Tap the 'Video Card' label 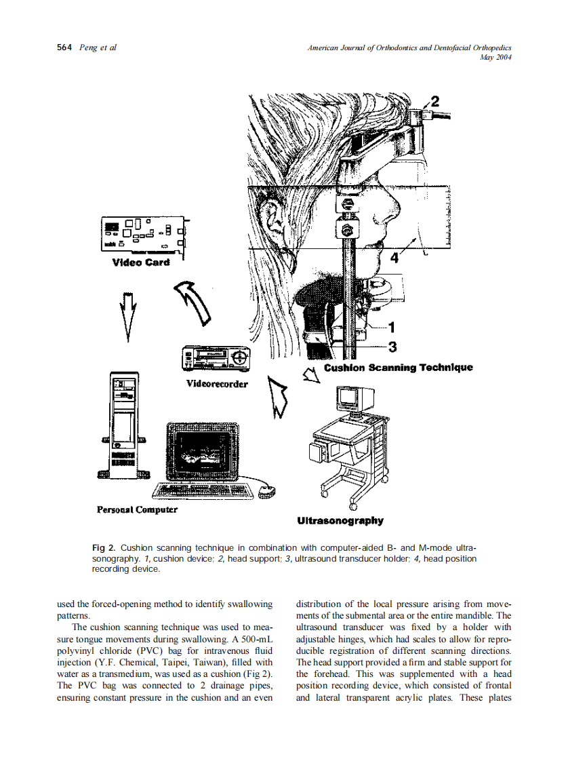[x=141, y=262]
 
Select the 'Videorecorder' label [x=217, y=384]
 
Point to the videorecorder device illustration [x=216, y=357]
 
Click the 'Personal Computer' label [x=137, y=509]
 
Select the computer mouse [x=267, y=490]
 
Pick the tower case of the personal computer [x=125, y=424]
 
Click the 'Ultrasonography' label [x=340, y=521]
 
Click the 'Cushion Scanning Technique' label [x=398, y=368]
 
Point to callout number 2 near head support [x=434, y=101]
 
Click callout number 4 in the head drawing [x=395, y=258]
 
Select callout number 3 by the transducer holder [x=392, y=347]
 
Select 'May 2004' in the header [x=495, y=57]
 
